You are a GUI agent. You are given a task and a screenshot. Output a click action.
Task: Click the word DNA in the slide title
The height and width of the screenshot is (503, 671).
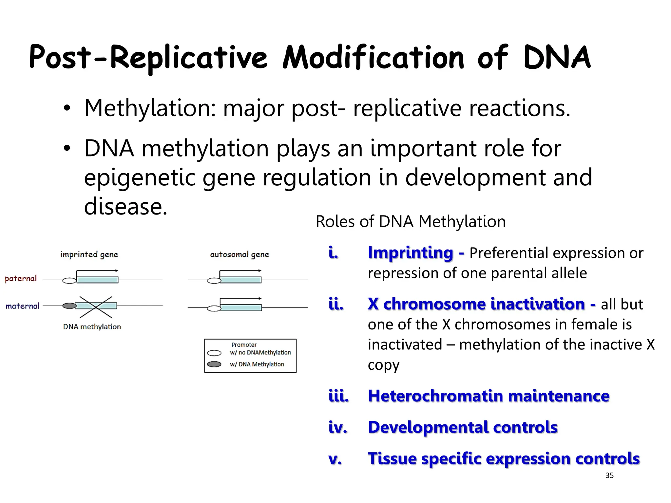tap(557, 58)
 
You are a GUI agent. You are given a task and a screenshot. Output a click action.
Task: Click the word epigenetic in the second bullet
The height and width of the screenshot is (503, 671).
tap(139, 177)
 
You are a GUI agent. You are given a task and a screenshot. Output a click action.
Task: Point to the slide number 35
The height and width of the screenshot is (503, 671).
tap(609, 475)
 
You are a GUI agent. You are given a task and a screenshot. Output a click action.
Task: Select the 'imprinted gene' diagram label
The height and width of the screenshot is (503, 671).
tap(89, 254)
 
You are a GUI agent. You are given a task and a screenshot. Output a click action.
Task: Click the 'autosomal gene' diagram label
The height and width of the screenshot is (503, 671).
tap(240, 254)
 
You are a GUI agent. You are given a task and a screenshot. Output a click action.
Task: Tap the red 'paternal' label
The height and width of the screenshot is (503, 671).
tap(21, 279)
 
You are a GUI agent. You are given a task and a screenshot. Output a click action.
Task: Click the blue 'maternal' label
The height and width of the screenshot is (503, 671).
tap(22, 306)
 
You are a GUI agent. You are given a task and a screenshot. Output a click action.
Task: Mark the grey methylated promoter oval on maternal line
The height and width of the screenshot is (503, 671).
tap(69, 306)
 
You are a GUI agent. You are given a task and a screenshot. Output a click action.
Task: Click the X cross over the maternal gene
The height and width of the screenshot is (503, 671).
tap(96, 307)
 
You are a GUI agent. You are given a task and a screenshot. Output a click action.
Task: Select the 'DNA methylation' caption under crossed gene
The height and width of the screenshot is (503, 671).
tap(92, 327)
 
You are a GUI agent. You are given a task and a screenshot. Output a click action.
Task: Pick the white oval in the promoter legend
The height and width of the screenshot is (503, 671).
tap(214, 353)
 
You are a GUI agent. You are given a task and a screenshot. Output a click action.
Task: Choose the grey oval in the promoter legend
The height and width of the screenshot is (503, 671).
tap(214, 364)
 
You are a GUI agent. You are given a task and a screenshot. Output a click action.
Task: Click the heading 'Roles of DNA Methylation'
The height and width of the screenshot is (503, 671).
tap(411, 222)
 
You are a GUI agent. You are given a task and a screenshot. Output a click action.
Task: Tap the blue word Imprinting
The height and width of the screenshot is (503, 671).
tap(410, 253)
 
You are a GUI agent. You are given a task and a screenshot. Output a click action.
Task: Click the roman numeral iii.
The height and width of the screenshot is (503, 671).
tap(338, 396)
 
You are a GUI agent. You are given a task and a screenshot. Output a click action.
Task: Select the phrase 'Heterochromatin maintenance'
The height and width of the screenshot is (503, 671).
tap(489, 396)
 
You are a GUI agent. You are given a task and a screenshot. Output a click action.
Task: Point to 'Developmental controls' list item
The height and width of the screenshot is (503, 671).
tap(463, 427)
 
